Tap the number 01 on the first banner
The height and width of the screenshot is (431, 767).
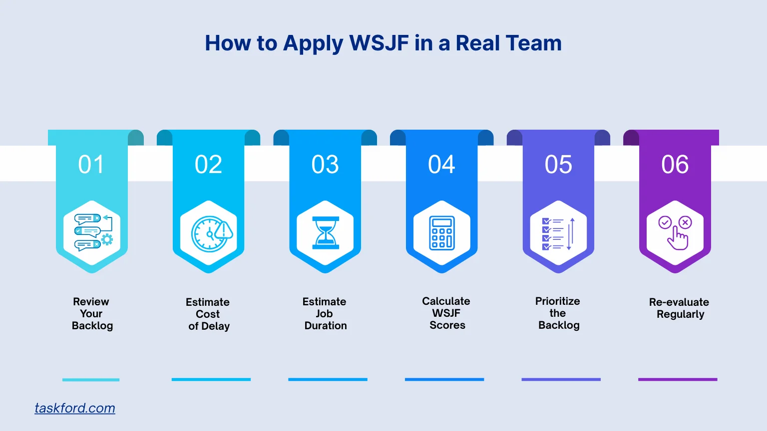(x=91, y=165)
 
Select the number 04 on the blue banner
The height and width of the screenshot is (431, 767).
(x=441, y=165)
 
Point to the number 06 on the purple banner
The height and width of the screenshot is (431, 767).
(x=675, y=165)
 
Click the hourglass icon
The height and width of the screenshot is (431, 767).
(x=325, y=233)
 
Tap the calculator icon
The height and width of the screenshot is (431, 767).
(x=442, y=233)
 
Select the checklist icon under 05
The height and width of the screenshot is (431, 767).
(x=558, y=233)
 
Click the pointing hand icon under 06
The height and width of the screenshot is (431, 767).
(x=675, y=232)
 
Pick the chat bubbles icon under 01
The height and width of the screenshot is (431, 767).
(x=93, y=232)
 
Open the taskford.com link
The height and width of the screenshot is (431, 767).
(x=75, y=408)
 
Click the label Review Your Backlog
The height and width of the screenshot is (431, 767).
(x=92, y=314)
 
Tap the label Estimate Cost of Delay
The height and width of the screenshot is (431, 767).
(x=209, y=314)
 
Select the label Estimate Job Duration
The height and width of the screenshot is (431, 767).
(x=325, y=314)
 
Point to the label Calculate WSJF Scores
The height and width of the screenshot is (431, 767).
(x=447, y=313)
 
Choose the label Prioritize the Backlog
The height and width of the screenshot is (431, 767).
(x=558, y=313)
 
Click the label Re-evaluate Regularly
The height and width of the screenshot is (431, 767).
(x=680, y=308)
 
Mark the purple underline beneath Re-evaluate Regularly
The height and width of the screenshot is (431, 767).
(x=678, y=380)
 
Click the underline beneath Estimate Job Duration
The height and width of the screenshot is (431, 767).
(x=328, y=380)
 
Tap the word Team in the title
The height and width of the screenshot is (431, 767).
(x=539, y=43)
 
